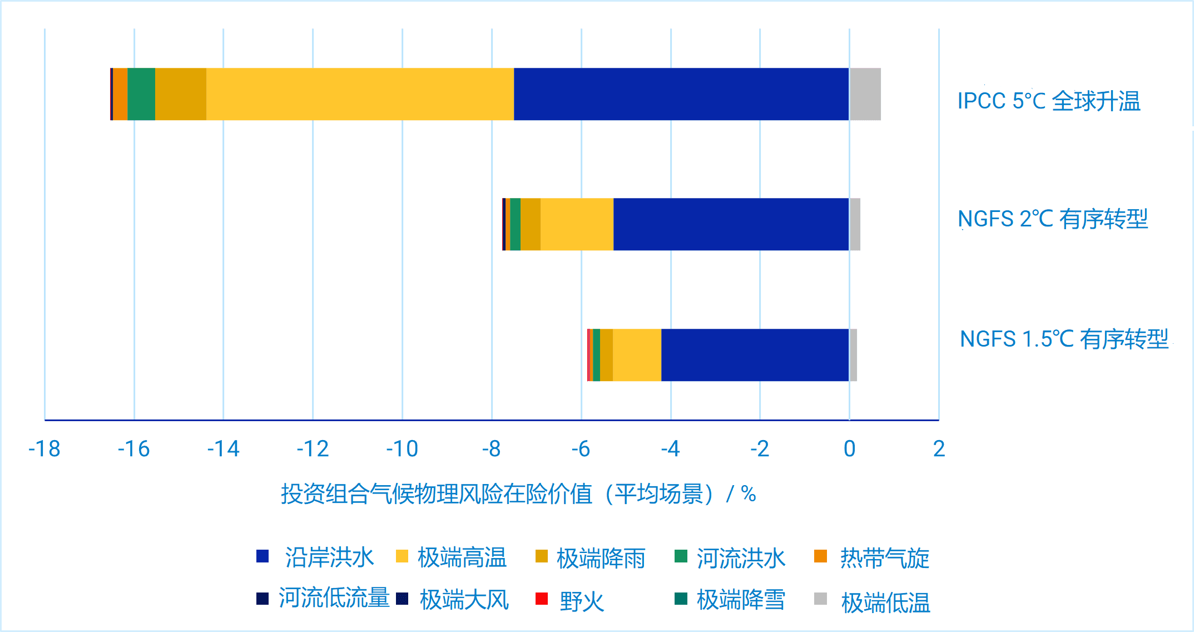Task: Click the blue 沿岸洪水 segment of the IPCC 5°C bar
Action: [x=681, y=94]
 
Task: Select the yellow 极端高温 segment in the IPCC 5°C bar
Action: [x=360, y=94]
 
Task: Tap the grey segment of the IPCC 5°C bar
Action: [x=865, y=94]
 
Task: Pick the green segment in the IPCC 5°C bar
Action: [x=141, y=94]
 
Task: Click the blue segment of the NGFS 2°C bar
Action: [x=731, y=224]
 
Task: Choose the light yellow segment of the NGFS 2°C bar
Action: [x=577, y=224]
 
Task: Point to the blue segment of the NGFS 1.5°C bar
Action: [x=755, y=355]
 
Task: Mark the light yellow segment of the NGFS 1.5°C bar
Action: [x=637, y=355]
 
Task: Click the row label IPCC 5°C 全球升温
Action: [x=1048, y=101]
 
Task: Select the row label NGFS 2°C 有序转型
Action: [x=1053, y=219]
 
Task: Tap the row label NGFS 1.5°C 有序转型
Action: [x=1064, y=339]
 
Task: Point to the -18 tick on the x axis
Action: [x=44, y=448]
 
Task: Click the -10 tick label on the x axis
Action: [x=402, y=448]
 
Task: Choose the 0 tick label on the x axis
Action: [x=849, y=448]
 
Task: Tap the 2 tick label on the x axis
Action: [x=939, y=448]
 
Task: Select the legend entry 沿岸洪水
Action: [x=329, y=557]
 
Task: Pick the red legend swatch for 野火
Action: [x=542, y=599]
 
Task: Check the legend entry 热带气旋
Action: [x=884, y=558]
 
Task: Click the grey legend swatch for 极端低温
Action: [x=820, y=599]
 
